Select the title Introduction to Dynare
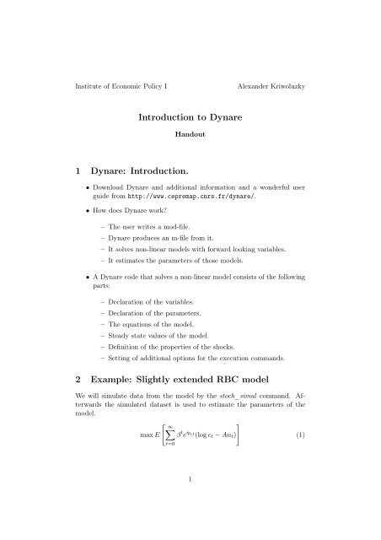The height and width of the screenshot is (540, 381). pos(190,121)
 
